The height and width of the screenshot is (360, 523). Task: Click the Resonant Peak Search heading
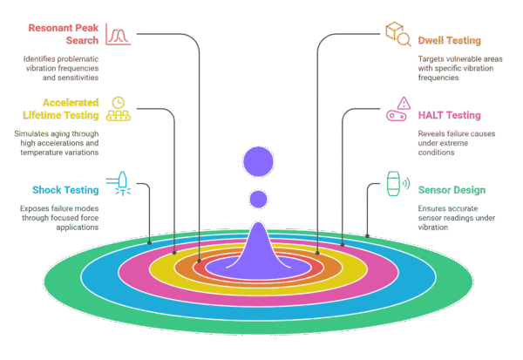click(64, 34)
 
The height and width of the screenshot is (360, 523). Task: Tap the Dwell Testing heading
click(449, 40)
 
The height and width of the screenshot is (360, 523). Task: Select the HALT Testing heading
click(449, 115)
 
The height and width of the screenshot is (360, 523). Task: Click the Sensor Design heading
click(452, 190)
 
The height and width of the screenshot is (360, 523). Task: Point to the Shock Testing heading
click(65, 190)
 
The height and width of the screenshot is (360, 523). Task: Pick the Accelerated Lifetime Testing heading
click(61, 109)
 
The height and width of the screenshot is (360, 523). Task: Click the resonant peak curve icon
click(118, 34)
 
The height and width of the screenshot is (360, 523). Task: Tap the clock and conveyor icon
click(118, 109)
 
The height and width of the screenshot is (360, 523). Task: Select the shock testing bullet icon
click(119, 184)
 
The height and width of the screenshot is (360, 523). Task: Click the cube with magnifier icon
click(398, 34)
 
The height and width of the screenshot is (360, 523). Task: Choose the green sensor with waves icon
click(398, 184)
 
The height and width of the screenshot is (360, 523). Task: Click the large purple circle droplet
click(258, 161)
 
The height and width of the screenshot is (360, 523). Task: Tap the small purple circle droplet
click(258, 200)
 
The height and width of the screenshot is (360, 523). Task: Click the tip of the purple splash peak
click(258, 222)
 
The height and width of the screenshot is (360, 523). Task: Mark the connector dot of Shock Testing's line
click(149, 242)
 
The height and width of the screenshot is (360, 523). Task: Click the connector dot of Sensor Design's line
click(367, 236)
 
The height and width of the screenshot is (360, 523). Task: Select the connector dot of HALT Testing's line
click(343, 245)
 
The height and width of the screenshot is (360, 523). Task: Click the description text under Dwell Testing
click(460, 68)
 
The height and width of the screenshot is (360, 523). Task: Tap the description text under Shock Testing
click(59, 218)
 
